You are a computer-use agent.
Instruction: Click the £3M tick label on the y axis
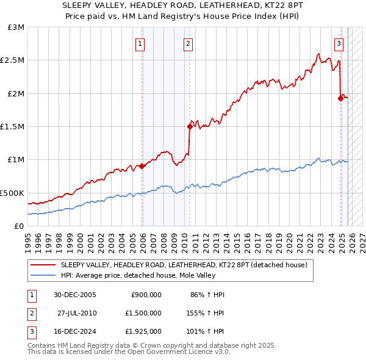pyautogui.click(x=16, y=27)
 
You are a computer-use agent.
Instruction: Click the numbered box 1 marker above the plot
pyautogui.click(x=140, y=43)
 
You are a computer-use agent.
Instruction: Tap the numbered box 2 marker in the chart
pyautogui.click(x=187, y=43)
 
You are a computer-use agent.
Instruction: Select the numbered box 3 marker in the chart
pyautogui.click(x=339, y=43)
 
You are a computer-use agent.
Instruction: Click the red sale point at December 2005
pyautogui.click(x=142, y=166)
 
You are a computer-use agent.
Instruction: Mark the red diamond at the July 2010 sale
pyautogui.click(x=190, y=126)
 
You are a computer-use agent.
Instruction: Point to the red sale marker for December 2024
pyautogui.click(x=340, y=98)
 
